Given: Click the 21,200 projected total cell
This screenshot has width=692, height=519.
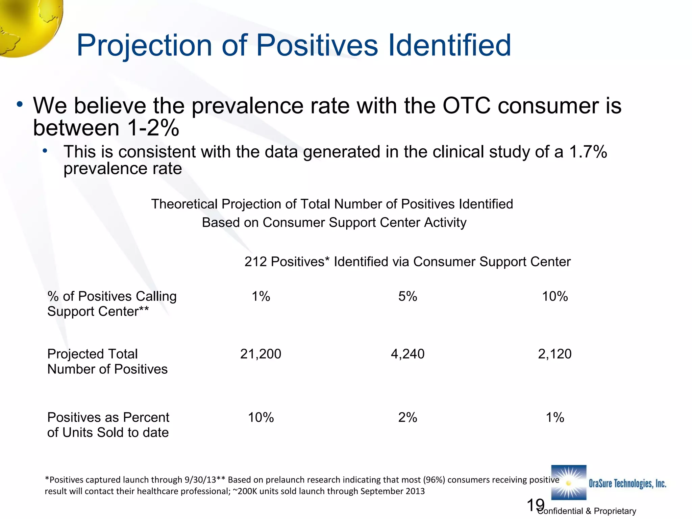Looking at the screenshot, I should (x=261, y=354).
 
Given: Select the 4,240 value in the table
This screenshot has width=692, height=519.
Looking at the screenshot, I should (x=407, y=354).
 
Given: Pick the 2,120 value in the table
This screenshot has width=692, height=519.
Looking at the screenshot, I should (x=554, y=354).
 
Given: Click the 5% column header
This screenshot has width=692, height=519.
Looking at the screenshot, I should (x=407, y=296).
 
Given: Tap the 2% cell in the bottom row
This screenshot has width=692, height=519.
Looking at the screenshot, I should (x=407, y=417).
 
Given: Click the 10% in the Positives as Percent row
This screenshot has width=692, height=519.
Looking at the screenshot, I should (x=261, y=417).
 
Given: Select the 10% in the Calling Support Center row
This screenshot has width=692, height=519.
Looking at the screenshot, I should (x=555, y=296).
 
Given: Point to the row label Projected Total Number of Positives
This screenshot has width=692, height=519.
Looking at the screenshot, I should (x=107, y=362).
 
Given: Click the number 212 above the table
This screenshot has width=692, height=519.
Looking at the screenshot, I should (x=256, y=262).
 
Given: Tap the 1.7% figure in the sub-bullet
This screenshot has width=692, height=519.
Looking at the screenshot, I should (x=588, y=152).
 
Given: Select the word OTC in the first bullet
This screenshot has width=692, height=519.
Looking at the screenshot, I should (x=466, y=106).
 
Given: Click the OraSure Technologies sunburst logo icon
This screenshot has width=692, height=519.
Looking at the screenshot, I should (x=569, y=483).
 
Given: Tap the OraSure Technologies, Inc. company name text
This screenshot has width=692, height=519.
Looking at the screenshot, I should (x=627, y=484).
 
